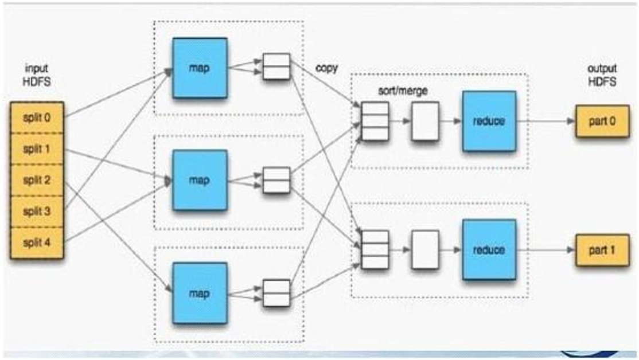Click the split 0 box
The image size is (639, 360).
[x=37, y=118]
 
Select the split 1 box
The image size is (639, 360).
[x=37, y=149]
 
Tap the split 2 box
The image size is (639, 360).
[x=37, y=180]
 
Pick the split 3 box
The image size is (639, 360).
[x=37, y=212]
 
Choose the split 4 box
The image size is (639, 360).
[x=37, y=242]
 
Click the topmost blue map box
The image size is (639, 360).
[x=200, y=68]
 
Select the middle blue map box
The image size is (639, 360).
[x=200, y=180]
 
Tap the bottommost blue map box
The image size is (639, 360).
[x=200, y=293]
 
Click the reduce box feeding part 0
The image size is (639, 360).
[x=489, y=121]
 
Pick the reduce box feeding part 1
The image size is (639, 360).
[x=489, y=249]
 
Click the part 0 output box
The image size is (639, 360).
[x=602, y=121]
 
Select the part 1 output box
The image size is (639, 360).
[x=602, y=250]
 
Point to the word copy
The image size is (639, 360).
[x=327, y=68]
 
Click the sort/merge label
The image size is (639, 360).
[x=403, y=91]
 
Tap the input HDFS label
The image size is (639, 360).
[x=37, y=75]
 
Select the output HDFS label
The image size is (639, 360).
[x=602, y=75]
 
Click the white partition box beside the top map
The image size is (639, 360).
[x=276, y=66]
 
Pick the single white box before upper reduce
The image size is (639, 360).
[x=425, y=122]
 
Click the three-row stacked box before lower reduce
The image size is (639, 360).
[x=375, y=249]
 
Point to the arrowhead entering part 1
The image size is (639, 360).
[x=571, y=250]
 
